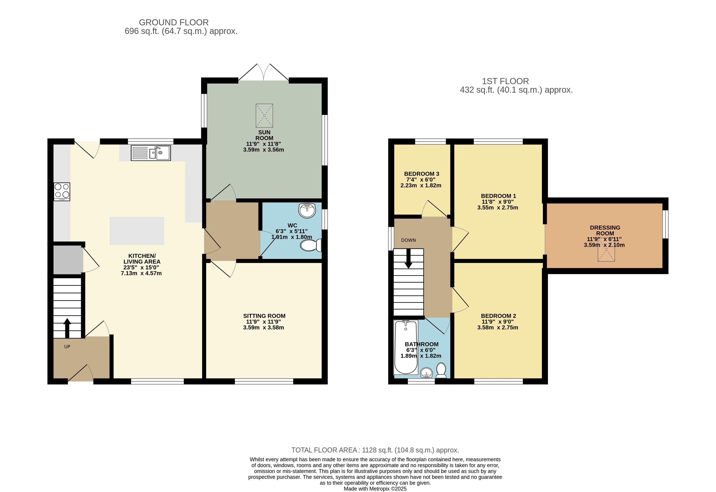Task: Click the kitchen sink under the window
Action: click(x=151, y=153)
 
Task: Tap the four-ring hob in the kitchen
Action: click(x=62, y=192)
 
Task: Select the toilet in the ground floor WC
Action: click(x=311, y=246)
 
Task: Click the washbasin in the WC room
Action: click(x=307, y=210)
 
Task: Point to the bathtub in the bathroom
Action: click(x=406, y=347)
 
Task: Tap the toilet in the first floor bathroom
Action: click(x=441, y=370)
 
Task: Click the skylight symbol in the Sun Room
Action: click(x=264, y=116)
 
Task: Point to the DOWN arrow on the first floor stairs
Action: click(x=408, y=258)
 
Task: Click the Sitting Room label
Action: click(x=264, y=316)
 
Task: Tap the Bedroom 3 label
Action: click(x=422, y=174)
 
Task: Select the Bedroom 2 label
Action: click(x=498, y=316)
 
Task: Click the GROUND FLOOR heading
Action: click(x=174, y=22)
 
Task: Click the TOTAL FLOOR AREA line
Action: click(x=375, y=450)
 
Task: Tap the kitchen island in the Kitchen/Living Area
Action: click(x=137, y=231)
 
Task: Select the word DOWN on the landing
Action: click(x=408, y=240)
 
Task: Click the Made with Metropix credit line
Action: click(x=375, y=489)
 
